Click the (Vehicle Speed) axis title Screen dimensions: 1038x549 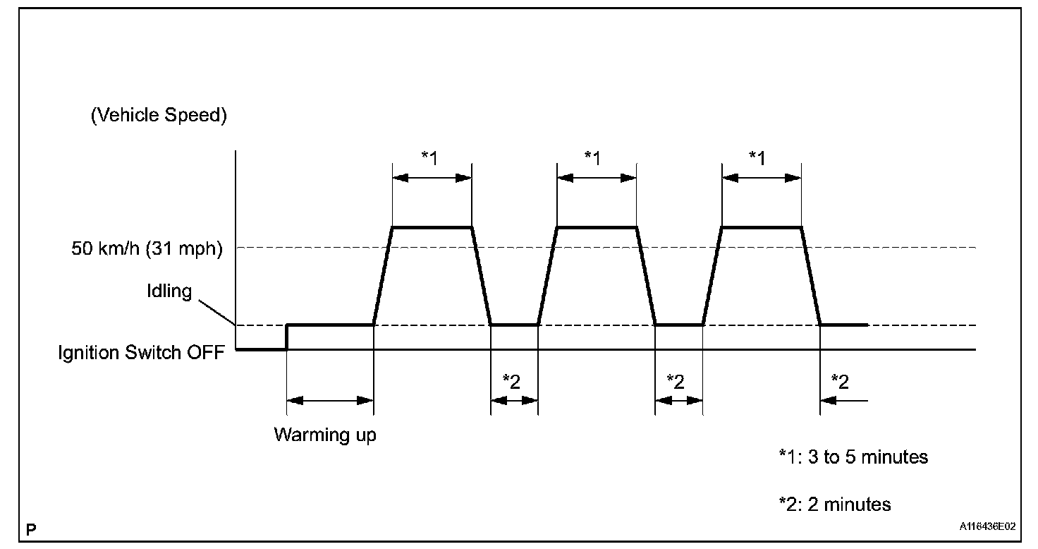tap(159, 116)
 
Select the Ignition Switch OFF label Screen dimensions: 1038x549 tap(141, 351)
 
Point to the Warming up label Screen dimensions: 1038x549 tap(325, 435)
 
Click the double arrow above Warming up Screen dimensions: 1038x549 tap(330, 400)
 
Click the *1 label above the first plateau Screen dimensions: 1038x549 tap(429, 157)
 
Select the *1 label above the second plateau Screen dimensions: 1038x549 tap(594, 157)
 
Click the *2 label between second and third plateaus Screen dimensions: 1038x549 tap(676, 381)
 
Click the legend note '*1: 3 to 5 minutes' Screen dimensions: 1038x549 tap(853, 457)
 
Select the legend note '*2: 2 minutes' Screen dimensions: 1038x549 tap(834, 505)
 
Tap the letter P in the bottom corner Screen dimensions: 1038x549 tap(31, 528)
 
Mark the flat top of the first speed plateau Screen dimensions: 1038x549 tap(432, 227)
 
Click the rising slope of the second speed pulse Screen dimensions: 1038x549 tap(548, 277)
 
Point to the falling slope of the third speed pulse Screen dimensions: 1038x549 tap(811, 277)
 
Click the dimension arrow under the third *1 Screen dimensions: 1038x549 tap(762, 179)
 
